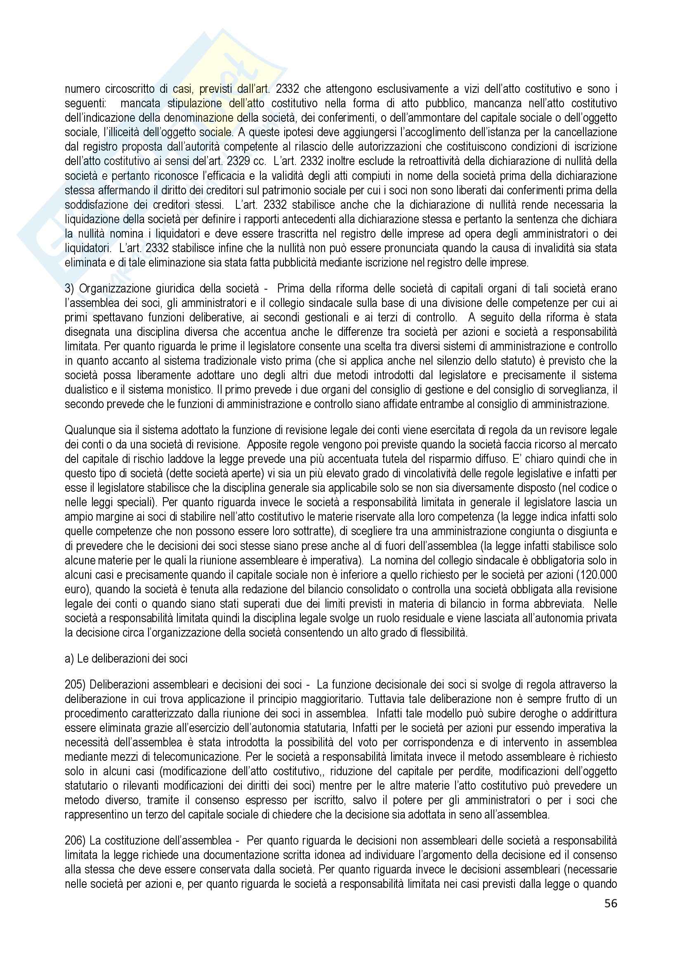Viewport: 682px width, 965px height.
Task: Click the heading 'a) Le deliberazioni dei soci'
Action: pyautogui.click(x=126, y=658)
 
